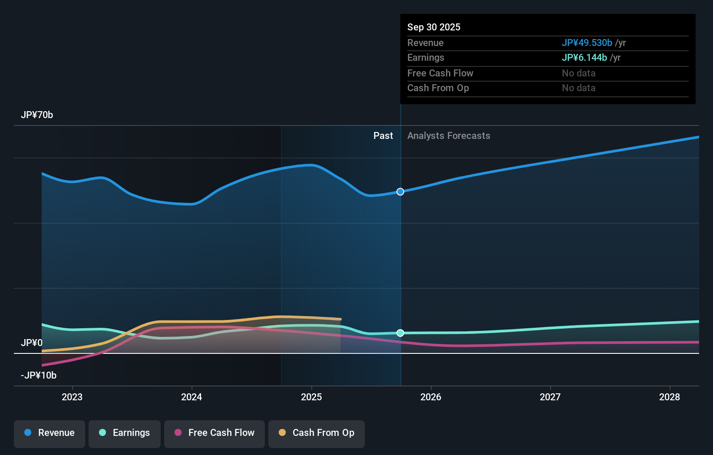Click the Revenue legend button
pos(50,433)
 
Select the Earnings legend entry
pos(125,433)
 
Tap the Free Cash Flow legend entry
pos(215,433)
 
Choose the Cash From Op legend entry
pos(317,433)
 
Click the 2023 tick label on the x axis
pos(72,397)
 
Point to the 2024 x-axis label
pos(191,397)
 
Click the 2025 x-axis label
pos(311,397)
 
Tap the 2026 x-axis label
pos(431,397)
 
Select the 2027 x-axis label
pos(550,397)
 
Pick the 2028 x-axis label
pos(670,397)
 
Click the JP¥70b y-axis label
pos(37,115)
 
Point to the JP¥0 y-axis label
pos(32,343)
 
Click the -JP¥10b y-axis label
pos(39,376)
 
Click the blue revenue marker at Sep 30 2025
pos(400,191)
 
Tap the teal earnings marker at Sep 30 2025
pos(400,333)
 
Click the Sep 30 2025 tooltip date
pos(434,27)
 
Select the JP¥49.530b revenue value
pos(587,43)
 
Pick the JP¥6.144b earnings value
pos(584,58)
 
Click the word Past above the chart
pos(383,136)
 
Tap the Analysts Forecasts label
pos(449,136)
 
